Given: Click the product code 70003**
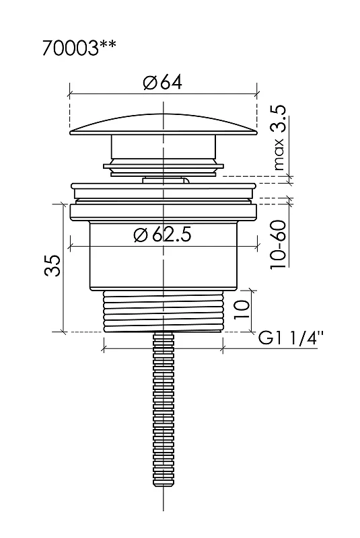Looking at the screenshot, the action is click(x=79, y=48).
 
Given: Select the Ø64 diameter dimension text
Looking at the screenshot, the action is click(x=163, y=83).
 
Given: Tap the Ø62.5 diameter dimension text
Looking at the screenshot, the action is click(x=162, y=235).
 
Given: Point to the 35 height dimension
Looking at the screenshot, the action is click(x=53, y=265).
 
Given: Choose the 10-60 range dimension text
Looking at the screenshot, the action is click(x=279, y=245).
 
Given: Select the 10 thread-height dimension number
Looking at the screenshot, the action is click(x=242, y=309).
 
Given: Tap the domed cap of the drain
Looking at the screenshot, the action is click(x=164, y=124).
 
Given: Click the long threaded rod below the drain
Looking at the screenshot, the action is click(x=164, y=409).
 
